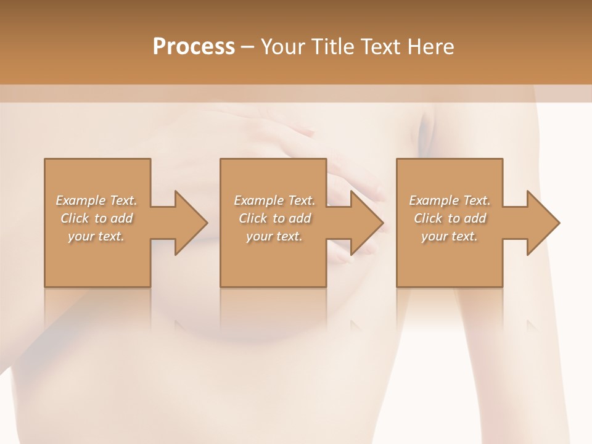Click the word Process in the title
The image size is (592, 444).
[194, 47]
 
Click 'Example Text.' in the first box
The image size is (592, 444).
[96, 200]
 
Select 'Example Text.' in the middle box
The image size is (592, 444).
[274, 200]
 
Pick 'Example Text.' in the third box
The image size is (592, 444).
[450, 200]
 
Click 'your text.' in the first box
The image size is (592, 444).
[96, 236]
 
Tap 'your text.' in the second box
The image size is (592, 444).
[274, 236]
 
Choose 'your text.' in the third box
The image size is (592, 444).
[450, 236]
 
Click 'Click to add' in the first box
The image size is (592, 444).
[96, 218]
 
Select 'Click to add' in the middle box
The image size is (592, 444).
[274, 218]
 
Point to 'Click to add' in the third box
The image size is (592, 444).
[450, 218]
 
